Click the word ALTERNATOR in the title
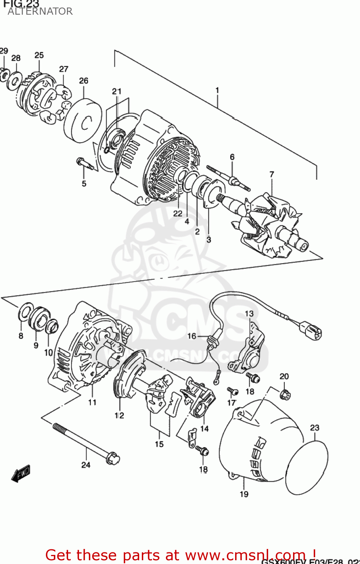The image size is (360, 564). (40, 11)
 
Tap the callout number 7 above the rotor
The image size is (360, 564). (272, 174)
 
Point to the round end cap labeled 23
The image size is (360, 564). (307, 468)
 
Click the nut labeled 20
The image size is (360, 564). (285, 395)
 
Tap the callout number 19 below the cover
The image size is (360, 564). (244, 494)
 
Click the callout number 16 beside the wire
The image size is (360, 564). (192, 336)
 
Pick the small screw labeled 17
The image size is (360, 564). (233, 392)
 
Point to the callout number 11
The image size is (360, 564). (92, 402)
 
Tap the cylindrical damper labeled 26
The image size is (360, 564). (83, 121)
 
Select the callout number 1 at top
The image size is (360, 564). (217, 90)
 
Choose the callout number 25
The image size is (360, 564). (39, 55)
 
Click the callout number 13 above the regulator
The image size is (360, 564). (249, 314)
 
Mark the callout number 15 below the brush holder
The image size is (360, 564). (159, 444)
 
